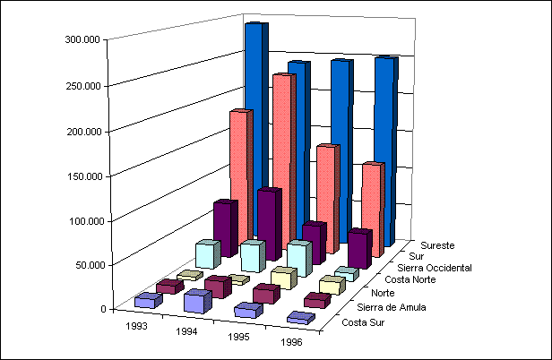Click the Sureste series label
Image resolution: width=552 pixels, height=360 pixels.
point(437,244)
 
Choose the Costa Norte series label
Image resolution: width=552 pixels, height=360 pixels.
point(413,279)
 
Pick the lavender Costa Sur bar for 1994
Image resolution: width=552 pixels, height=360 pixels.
point(194,302)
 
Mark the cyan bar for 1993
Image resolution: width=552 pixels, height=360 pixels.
point(206,254)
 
